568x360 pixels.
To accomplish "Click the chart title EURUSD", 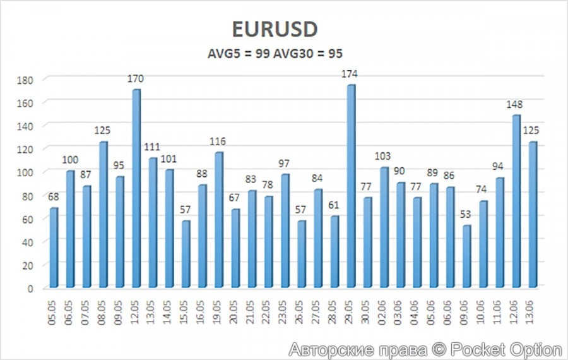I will coord(275,30).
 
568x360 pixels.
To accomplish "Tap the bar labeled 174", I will coord(351,186).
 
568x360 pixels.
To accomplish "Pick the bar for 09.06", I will coord(466,256).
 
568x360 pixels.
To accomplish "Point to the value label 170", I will coord(136,79).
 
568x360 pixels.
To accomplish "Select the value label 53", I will coord(466,215).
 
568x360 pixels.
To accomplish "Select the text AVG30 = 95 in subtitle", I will coord(310,54).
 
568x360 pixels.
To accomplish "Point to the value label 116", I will coord(218,141).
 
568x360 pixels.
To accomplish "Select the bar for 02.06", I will coord(384,227).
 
